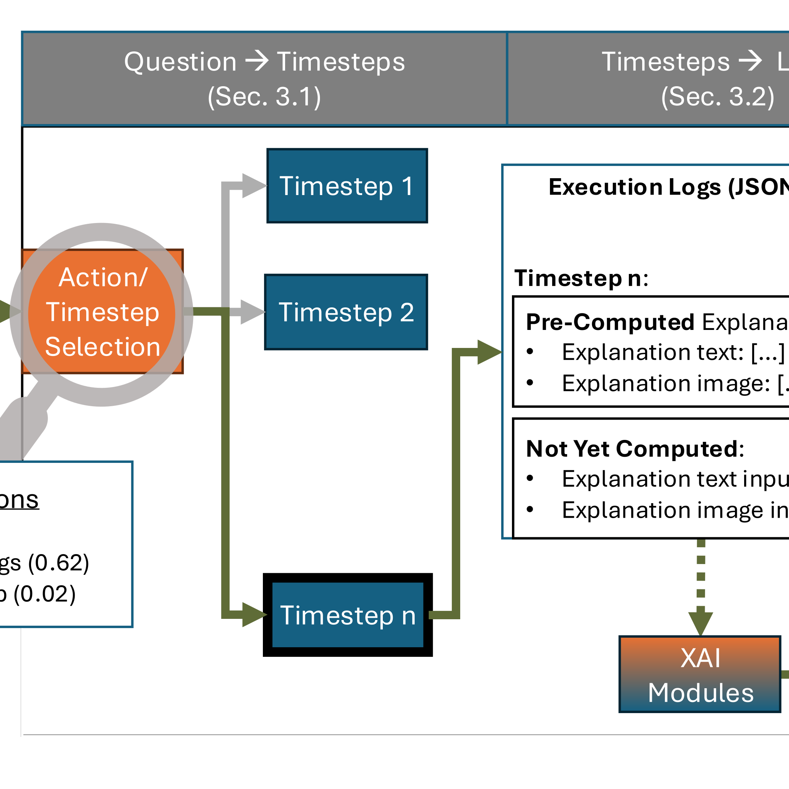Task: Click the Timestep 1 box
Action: [347, 186]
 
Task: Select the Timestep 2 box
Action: [346, 312]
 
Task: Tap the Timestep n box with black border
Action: [348, 615]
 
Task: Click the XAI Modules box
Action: [700, 675]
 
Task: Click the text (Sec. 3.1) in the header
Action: [264, 97]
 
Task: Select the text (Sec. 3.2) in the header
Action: [717, 97]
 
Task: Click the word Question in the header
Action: [180, 62]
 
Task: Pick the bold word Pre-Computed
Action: [610, 322]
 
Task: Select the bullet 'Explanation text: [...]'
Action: [673, 352]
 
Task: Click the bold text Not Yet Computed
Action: [633, 448]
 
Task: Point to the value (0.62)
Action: [58, 563]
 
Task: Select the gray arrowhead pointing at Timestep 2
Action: [253, 312]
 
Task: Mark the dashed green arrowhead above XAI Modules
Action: [701, 623]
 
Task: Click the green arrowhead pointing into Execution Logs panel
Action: [489, 352]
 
